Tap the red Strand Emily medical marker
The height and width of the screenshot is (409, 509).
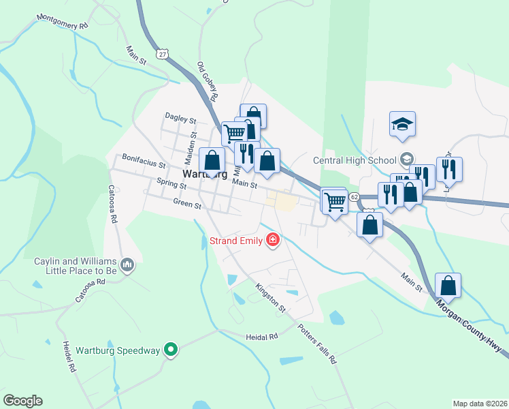[x=273, y=240]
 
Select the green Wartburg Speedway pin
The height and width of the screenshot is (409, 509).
[x=171, y=351]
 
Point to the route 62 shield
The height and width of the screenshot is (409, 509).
[x=354, y=196]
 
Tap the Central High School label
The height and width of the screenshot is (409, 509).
[x=355, y=161]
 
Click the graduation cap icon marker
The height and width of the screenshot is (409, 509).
[x=402, y=124]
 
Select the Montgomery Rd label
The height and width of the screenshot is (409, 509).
[x=63, y=21]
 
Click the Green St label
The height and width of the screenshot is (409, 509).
[x=187, y=203]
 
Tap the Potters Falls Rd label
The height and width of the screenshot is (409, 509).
[x=316, y=344]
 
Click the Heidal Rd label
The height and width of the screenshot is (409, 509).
[x=262, y=337]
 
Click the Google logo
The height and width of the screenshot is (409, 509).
[x=22, y=401]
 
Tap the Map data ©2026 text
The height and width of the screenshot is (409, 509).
[x=479, y=403]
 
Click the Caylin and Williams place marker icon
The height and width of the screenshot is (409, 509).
[x=127, y=264]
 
